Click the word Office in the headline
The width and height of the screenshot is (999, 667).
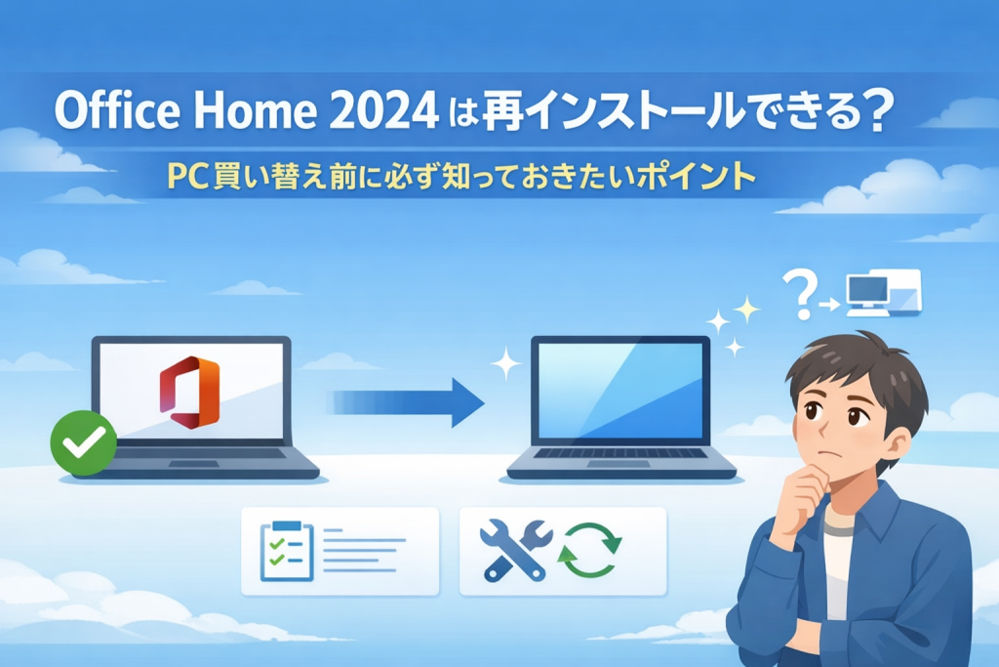117,110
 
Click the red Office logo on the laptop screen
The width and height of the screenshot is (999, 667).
189,393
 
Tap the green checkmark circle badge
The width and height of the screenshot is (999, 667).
84,442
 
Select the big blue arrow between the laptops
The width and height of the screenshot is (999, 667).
407,403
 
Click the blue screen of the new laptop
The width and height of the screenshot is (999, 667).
620,391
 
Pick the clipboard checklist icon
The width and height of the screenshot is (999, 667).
288,551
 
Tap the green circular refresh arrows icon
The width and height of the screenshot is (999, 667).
589,551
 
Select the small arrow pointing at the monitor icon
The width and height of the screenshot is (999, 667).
830,305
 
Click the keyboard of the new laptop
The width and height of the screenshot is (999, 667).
621,453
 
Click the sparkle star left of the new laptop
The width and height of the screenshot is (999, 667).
506,363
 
